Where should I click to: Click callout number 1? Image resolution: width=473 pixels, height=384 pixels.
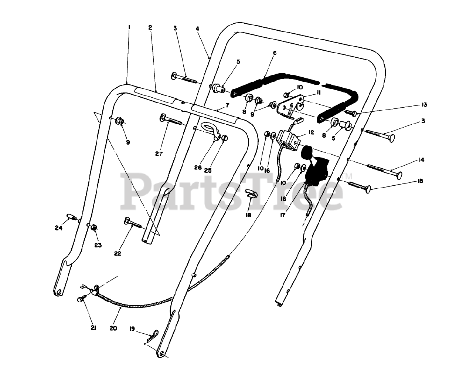click(x=129, y=27)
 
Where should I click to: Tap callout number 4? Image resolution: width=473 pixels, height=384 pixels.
click(x=198, y=28)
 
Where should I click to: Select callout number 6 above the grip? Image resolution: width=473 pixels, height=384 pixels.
click(x=275, y=53)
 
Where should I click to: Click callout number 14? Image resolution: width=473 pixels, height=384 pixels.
click(x=421, y=160)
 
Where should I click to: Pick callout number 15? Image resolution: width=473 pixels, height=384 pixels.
click(x=420, y=181)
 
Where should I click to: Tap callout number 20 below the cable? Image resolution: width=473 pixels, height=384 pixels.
click(x=113, y=328)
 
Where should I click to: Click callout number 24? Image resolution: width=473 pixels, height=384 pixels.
click(x=58, y=228)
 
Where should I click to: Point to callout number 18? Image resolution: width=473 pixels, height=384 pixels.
click(x=248, y=215)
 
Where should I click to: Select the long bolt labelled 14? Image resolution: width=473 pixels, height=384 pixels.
click(x=384, y=171)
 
